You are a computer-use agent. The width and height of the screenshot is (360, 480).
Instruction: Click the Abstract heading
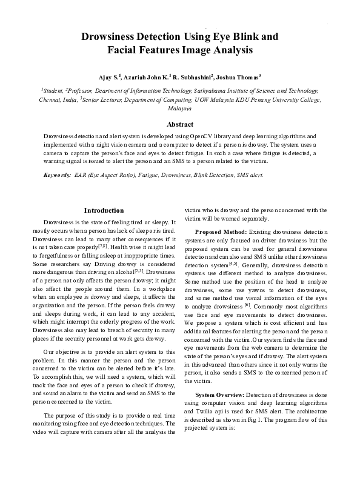pos(179,124)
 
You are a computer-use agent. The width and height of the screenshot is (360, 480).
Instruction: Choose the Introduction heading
pos(104,210)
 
